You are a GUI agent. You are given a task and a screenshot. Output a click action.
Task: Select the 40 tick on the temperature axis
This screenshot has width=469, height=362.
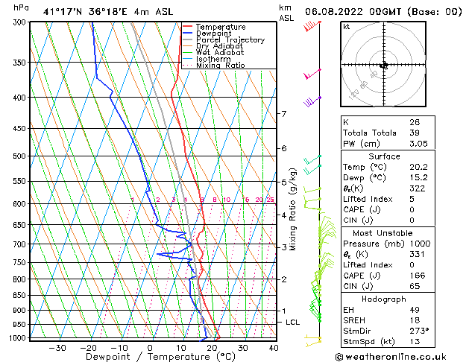(x=274, y=347)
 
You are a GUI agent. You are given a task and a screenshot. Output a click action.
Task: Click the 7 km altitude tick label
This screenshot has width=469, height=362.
(x=283, y=114)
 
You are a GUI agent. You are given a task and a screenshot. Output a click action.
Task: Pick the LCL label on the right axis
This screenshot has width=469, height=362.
(x=293, y=322)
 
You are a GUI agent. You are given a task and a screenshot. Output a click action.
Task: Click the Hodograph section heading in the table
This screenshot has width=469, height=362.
(x=384, y=299)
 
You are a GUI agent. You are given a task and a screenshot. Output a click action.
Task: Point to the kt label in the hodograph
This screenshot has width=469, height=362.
(x=346, y=26)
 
